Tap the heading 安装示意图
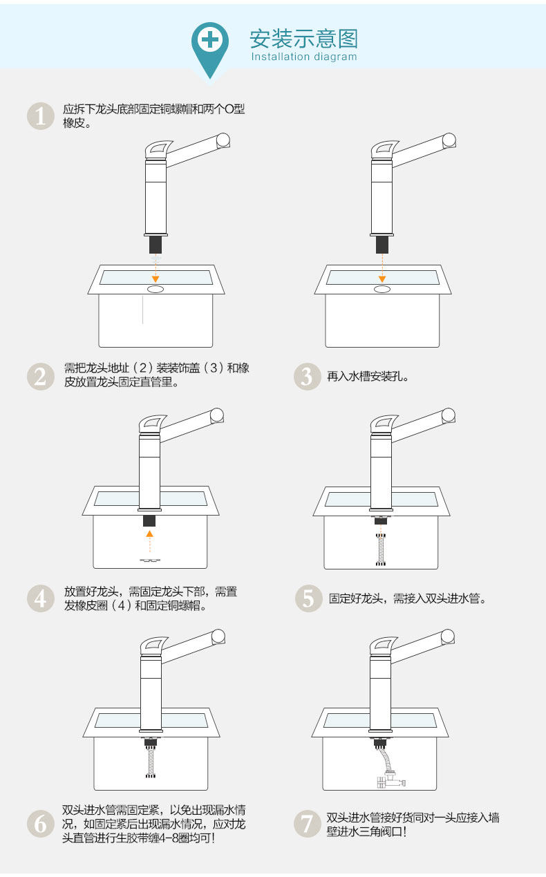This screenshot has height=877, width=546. point(304,39)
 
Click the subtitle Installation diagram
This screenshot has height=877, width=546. point(304,57)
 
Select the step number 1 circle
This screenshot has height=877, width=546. point(40,116)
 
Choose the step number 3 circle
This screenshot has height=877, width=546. point(308,377)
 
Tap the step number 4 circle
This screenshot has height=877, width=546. point(40,598)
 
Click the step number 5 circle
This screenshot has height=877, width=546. point(308,598)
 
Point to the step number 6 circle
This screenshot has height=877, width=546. point(40,823)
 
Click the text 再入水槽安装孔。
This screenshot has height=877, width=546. point(368,377)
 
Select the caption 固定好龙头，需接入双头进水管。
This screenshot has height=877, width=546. point(408,598)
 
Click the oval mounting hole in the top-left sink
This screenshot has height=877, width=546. point(156,288)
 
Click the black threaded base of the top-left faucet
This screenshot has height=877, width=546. point(156,244)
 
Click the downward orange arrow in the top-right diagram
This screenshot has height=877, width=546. point(381,266)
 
